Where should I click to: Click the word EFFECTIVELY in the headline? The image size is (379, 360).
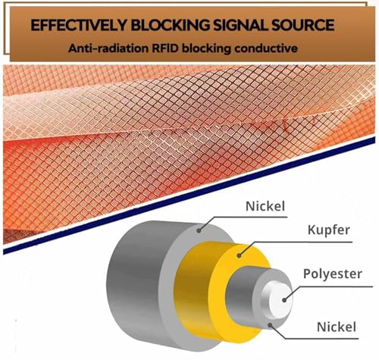point(79,25)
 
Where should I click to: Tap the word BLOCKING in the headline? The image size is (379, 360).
point(171,25)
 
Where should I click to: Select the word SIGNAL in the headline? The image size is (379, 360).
point(241,25)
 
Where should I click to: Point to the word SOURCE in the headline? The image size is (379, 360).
point(304,25)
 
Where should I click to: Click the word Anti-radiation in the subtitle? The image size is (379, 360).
point(108,48)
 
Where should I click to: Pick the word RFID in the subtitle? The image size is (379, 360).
point(165,48)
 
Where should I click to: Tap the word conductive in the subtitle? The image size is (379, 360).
point(266,48)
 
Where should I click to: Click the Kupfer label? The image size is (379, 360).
point(328,230)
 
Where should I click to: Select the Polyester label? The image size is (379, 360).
point(333,274)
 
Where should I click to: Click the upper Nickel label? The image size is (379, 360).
point(265,206)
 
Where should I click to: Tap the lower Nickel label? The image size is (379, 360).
point(337,327)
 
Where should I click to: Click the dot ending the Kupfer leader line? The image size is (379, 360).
point(239,256)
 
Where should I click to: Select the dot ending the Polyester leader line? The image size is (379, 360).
point(284,300)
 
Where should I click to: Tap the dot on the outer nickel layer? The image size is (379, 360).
point(199,230)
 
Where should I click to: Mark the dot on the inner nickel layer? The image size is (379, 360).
point(270,324)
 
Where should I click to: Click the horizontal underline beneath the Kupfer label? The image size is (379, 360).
point(302,242)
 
